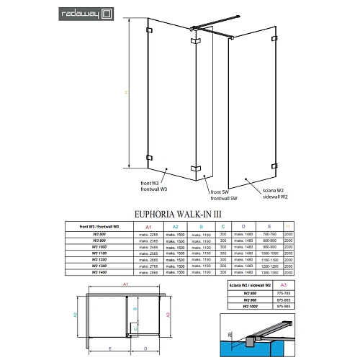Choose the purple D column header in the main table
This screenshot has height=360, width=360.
(245, 226)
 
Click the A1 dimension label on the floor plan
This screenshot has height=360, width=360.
(125, 286)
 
